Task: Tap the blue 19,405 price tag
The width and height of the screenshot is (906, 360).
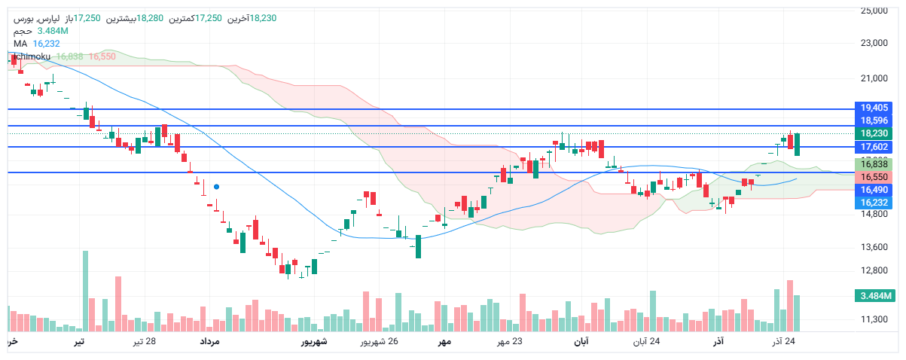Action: coord(874,108)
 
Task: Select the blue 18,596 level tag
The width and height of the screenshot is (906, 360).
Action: coord(874,121)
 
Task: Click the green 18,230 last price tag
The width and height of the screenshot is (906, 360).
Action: coord(874,133)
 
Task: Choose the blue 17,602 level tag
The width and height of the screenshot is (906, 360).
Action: coord(874,147)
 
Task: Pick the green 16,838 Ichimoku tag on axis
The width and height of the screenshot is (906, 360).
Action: coord(874,164)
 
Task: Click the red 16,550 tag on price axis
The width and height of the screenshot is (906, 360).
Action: coord(874,177)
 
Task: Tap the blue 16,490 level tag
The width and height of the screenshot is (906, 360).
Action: coord(874,190)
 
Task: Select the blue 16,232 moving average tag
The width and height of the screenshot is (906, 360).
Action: coord(874,203)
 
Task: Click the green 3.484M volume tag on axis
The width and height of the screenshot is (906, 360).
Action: coord(874,296)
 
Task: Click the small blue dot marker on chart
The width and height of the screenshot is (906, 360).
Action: coord(216,186)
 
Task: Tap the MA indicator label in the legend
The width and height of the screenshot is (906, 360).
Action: coord(20,44)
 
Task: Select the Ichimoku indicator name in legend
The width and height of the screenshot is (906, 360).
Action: coord(31,56)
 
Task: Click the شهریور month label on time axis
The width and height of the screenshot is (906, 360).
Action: coord(315,343)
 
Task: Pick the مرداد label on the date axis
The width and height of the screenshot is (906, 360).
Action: coord(209,343)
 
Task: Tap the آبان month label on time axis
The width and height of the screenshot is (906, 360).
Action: coord(581,343)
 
